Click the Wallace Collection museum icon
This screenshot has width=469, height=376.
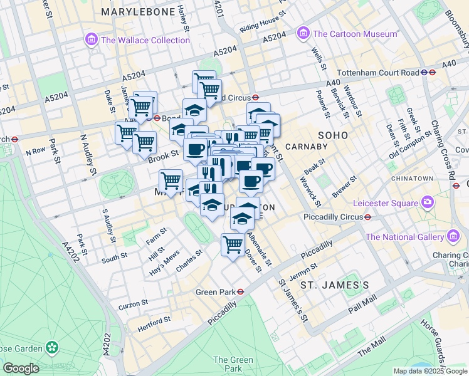90,40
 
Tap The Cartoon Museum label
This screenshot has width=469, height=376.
354,34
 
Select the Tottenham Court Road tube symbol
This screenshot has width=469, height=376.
424,73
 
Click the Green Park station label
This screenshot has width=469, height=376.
215,292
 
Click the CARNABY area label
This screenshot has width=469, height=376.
307,147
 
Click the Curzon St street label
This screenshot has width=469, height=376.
133,304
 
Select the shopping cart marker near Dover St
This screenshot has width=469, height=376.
233,244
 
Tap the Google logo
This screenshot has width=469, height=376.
21,368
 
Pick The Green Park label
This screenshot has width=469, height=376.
233,364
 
